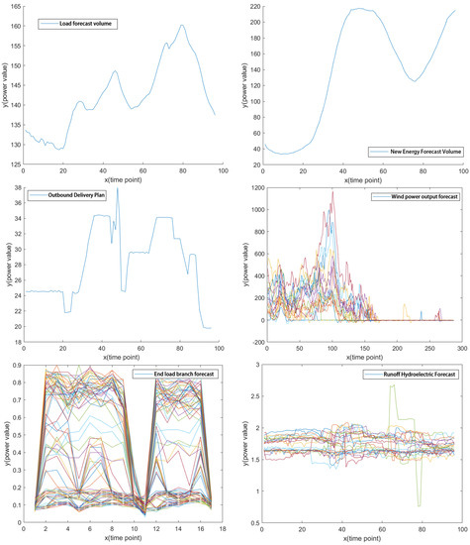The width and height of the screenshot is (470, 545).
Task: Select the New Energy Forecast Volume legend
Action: coord(407,152)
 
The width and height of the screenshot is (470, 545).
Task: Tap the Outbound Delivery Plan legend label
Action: coord(78,196)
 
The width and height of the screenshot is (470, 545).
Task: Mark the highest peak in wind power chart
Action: coord(332,191)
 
